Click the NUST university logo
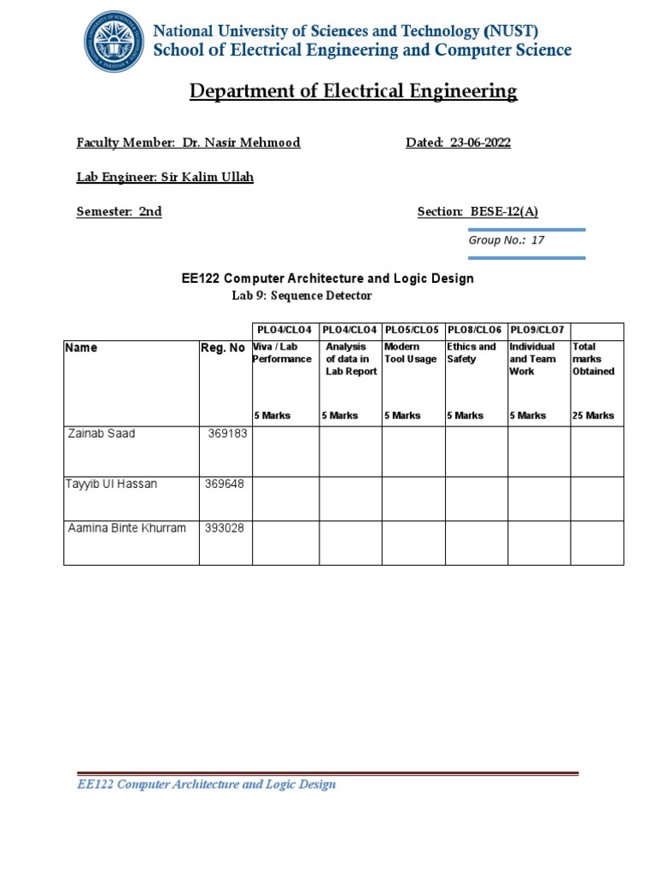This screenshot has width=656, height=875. pos(114,41)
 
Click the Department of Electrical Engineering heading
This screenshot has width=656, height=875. pos(353,91)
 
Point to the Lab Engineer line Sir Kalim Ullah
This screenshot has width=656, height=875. pos(165,177)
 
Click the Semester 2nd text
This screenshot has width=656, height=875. pos(119,212)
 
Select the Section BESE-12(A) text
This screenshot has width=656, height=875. pos(477,212)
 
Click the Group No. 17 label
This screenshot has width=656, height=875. pos(506,240)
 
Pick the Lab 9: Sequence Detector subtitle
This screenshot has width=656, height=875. pos(302,296)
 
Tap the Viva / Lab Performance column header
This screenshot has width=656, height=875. pos(283,353)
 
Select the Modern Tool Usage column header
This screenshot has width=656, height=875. pos(410,353)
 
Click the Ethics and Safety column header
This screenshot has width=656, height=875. pos(471,353)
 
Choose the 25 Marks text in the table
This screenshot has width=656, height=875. pos(593,415)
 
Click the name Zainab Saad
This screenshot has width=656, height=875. pos(101,433)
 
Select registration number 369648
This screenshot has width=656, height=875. pos(225,484)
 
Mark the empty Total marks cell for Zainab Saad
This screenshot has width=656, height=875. pos(597,451)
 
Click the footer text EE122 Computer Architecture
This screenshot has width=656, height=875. pos(206,784)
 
